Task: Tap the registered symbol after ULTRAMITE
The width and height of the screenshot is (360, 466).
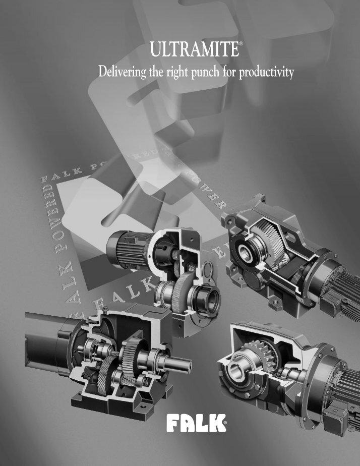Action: (x=242, y=45)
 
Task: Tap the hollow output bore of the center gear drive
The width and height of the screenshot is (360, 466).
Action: (x=209, y=302)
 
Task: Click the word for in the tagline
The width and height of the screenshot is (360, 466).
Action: (x=230, y=73)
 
